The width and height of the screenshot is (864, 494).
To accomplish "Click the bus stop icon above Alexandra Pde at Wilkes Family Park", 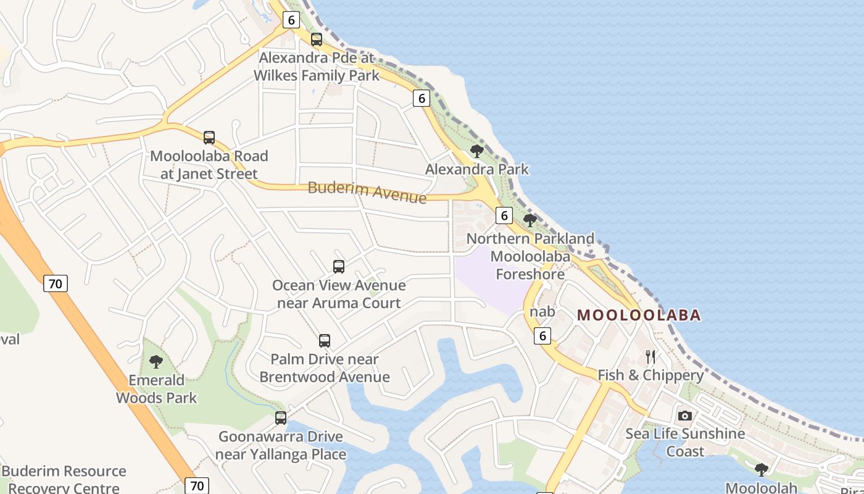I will [317, 40].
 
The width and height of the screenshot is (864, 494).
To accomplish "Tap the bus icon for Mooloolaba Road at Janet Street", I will [209, 137].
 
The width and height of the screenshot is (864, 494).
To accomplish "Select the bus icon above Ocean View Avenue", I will [339, 267].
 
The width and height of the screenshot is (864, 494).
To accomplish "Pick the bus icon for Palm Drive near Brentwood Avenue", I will [325, 340].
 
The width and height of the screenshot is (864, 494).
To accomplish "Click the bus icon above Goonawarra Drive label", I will [281, 418].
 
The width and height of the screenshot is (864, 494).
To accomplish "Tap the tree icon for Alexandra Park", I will [476, 151].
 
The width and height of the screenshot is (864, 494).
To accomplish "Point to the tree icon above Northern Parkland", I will [530, 220].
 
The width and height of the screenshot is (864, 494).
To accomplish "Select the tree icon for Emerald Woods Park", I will [156, 362].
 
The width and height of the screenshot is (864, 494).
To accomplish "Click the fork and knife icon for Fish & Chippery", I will [650, 356].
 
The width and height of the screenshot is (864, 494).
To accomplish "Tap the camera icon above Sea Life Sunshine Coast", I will [685, 416].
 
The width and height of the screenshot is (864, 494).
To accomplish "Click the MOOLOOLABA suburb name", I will [639, 315].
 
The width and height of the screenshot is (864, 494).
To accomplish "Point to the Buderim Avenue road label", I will [367, 192].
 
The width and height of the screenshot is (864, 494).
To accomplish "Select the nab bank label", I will [542, 312].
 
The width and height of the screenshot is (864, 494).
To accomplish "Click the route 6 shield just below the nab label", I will [542, 335].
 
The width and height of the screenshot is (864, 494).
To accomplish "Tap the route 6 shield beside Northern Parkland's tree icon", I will [504, 216].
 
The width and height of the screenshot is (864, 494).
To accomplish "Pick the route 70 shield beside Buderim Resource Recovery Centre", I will [197, 485].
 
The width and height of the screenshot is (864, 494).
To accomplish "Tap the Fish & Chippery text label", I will [650, 375].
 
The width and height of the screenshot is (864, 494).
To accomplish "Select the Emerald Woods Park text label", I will [156, 389].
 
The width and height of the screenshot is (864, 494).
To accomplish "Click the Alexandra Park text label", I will [476, 169].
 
